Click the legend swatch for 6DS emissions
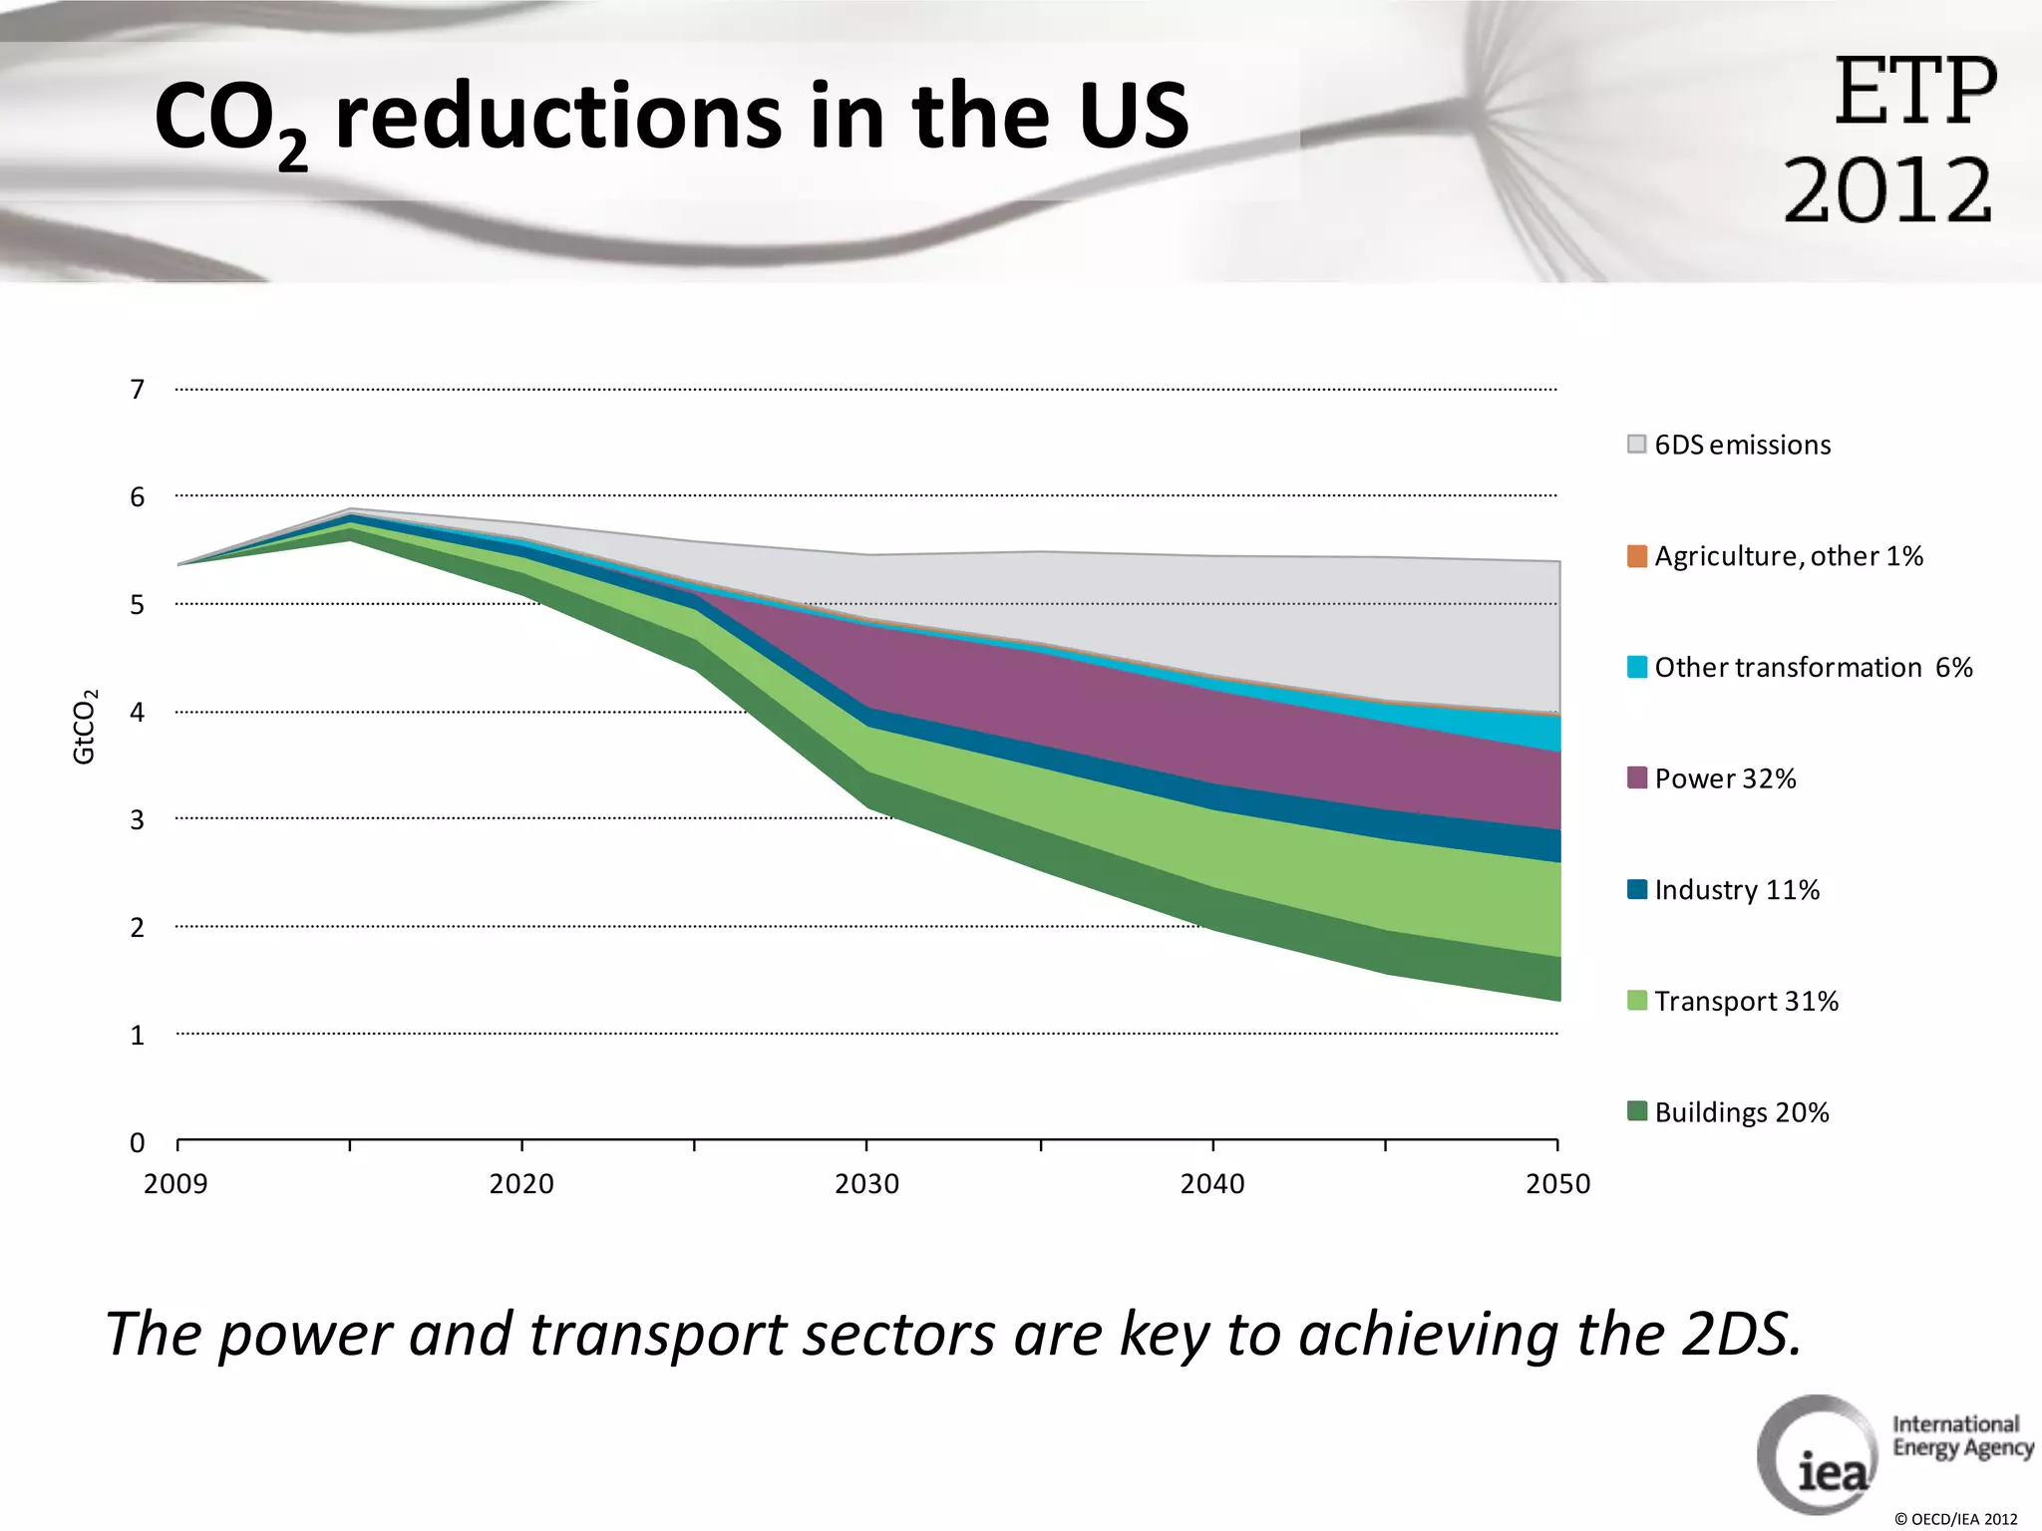click(1636, 445)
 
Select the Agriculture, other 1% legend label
click(1788, 556)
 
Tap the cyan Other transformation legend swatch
click(1636, 667)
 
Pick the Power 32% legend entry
click(1725, 778)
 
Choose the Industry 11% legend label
click(1737, 890)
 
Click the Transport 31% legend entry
click(1746, 1001)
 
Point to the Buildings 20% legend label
click(1742, 1112)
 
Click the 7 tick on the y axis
click(138, 390)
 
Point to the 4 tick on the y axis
click(138, 713)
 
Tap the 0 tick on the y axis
click(138, 1143)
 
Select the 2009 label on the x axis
click(175, 1184)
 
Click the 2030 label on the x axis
click(866, 1184)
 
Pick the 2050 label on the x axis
click(1557, 1184)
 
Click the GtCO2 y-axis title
click(85, 727)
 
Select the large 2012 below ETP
click(1887, 190)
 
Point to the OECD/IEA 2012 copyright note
click(1955, 1519)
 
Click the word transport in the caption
click(659, 1336)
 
